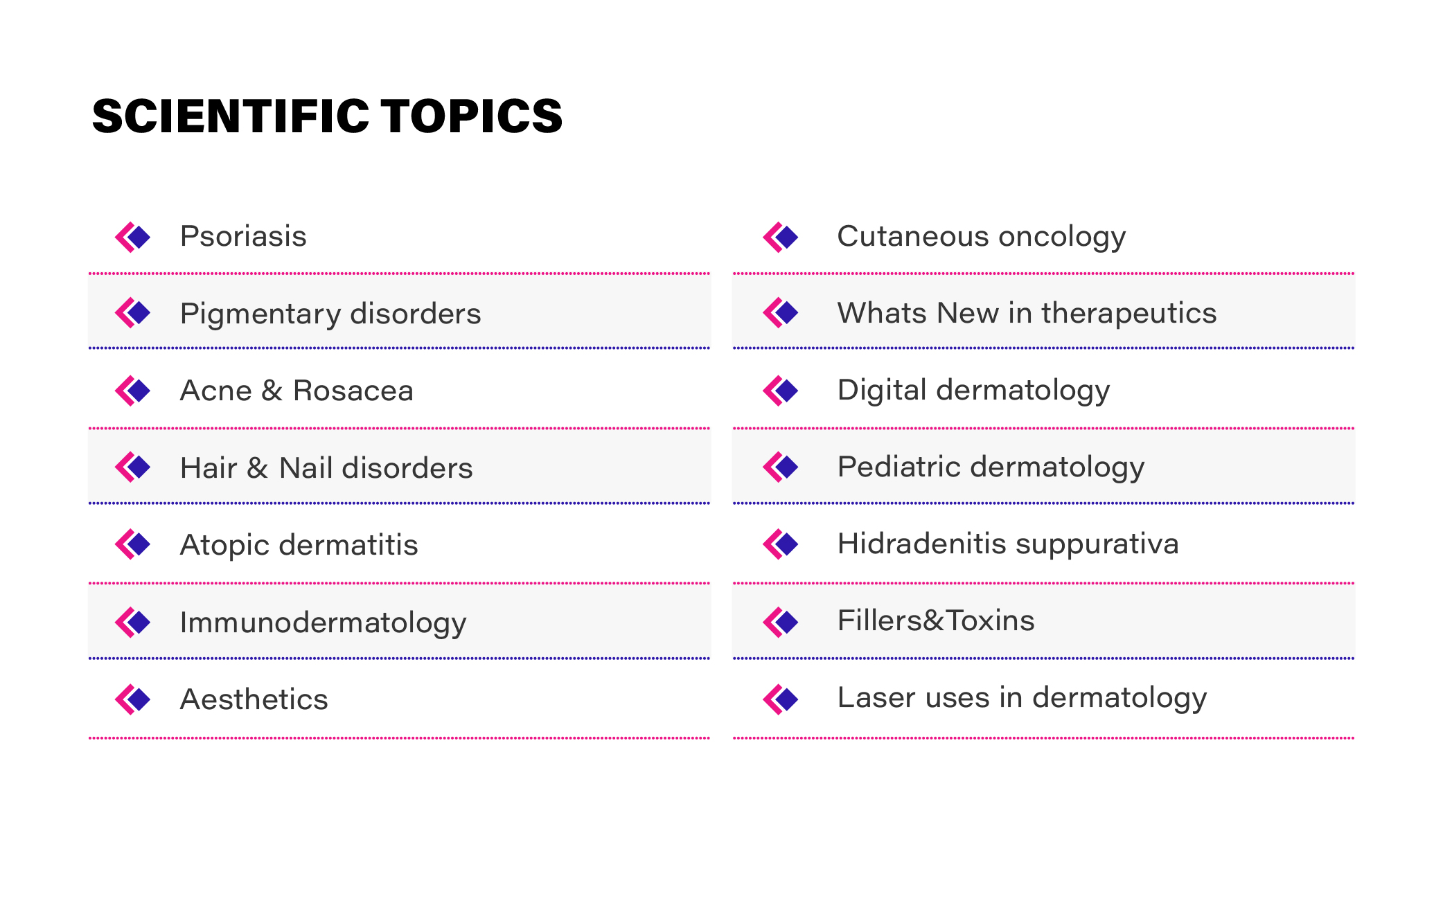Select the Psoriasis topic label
243,236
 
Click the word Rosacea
353,391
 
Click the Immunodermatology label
324,623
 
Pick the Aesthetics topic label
254,699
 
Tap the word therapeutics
1128,314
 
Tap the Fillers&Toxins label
936,620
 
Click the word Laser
876,697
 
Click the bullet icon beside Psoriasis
132,238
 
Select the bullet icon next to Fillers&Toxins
781,622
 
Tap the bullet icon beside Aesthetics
132,699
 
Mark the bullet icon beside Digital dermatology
781,391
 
